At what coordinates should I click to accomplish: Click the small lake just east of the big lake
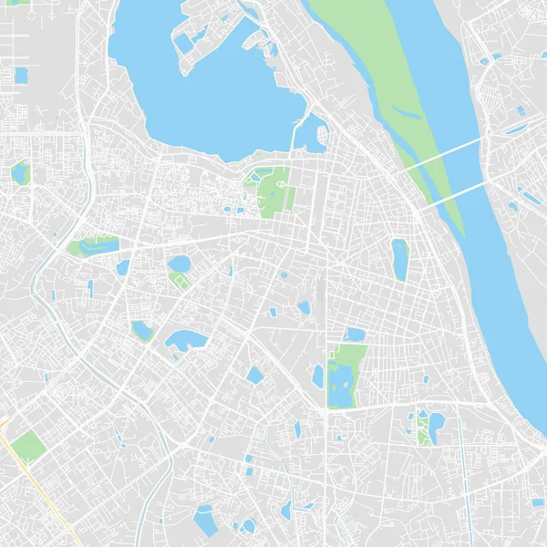[x=315, y=137]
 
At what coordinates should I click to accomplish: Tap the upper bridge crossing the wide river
[x=447, y=154]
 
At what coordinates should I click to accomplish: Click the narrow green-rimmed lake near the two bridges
[x=399, y=259]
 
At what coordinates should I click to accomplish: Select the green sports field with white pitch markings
[x=181, y=282]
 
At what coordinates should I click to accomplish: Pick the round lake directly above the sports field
[x=180, y=263]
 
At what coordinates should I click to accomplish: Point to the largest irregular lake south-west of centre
[x=185, y=342]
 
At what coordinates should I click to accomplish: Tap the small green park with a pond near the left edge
[x=19, y=171]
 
